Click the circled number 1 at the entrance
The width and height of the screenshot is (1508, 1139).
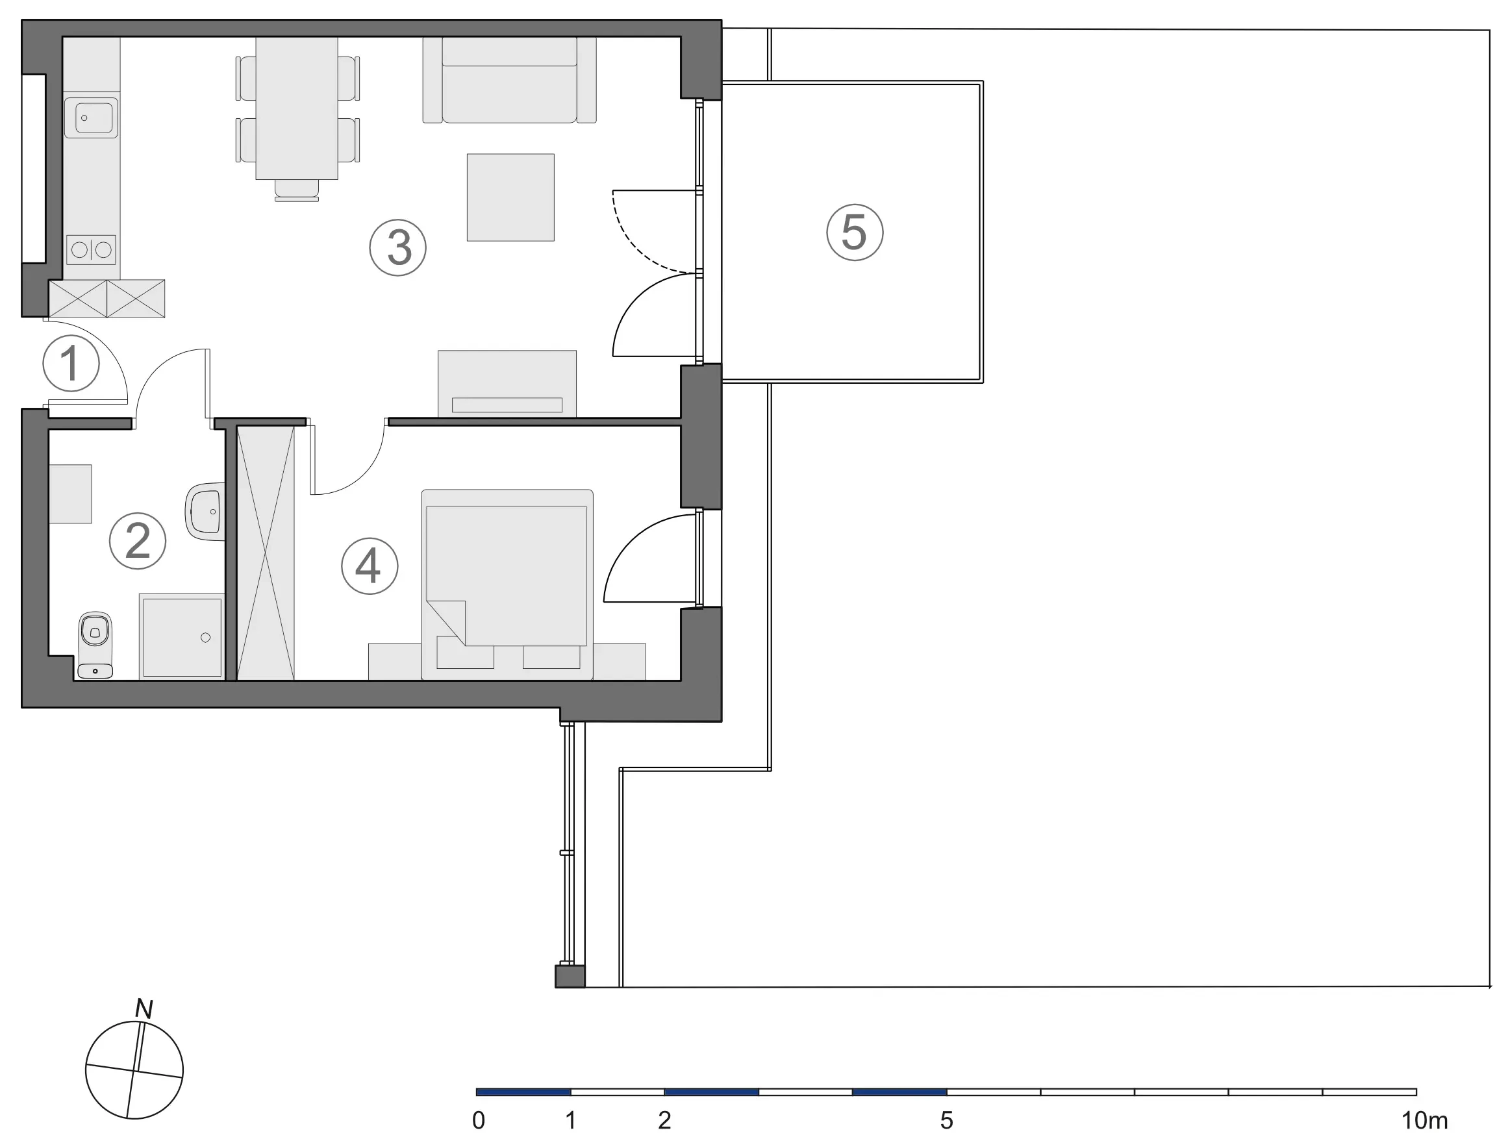[x=71, y=362]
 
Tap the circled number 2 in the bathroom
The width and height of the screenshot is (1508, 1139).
[x=138, y=540]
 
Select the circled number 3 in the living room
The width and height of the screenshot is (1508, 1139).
[x=398, y=247]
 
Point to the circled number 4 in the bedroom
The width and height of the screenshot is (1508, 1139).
[x=370, y=566]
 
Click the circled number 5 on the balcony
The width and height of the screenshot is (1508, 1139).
[x=855, y=232]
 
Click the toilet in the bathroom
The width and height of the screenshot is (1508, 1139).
[x=95, y=645]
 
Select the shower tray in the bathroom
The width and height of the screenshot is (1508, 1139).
[x=182, y=636]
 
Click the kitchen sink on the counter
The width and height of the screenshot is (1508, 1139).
[x=92, y=118]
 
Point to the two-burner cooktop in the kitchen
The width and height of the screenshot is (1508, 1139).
[x=92, y=250]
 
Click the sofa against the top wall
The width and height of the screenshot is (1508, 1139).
[x=509, y=80]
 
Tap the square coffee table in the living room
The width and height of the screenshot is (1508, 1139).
[x=510, y=197]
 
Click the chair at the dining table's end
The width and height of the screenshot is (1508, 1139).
[x=297, y=190]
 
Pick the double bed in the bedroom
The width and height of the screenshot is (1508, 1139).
[x=507, y=584]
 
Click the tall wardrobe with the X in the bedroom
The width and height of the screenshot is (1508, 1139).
[x=265, y=553]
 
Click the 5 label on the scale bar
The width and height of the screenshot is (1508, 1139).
[x=946, y=1121]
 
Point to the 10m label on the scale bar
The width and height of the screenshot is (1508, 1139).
[x=1424, y=1121]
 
